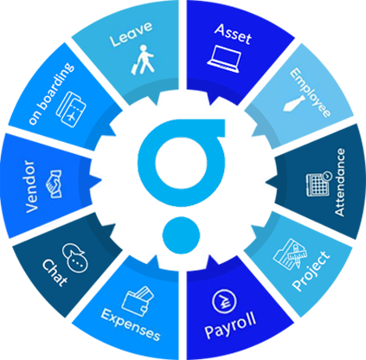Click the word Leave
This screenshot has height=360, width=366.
pos(132,34)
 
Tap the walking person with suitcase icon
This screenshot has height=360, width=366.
pos(143,60)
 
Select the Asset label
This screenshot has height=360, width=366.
pos(233,34)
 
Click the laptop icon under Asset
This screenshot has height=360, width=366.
pos(224,59)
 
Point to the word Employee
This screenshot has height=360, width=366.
pos(310,93)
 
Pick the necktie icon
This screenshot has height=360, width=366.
pos(294,104)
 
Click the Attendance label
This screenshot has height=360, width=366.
pos(339,182)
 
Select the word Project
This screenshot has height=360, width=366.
pos(311,271)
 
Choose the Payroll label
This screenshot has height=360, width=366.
pos(230,325)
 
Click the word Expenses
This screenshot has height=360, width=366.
pos(131,325)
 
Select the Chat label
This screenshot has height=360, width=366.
pos(55,273)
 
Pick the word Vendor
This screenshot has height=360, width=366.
pos(31,187)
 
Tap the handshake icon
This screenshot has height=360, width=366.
pos(54,183)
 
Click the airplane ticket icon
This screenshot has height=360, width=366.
pos(71,109)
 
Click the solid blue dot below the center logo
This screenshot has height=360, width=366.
pos(181,235)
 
